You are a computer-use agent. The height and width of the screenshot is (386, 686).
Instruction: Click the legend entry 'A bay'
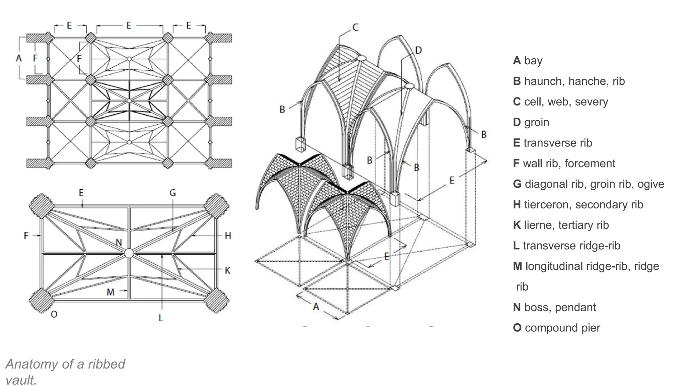point(528,61)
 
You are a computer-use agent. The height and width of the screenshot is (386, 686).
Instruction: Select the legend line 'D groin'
point(531,122)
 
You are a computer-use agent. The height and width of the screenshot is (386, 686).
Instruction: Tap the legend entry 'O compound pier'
point(556,328)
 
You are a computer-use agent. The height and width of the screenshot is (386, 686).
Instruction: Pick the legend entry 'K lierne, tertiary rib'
point(561,225)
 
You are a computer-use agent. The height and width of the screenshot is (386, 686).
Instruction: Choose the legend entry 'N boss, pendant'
point(554,307)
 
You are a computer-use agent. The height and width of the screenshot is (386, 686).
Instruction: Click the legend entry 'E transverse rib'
point(552,143)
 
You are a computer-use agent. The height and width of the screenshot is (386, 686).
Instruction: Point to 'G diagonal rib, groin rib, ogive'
point(588,184)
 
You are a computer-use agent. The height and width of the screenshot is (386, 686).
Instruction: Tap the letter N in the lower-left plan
point(119,243)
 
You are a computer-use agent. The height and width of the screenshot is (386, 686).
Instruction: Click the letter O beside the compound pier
point(54,314)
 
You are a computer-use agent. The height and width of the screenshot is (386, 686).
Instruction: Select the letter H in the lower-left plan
point(228,236)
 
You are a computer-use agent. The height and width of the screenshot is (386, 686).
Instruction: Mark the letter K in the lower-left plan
point(227,270)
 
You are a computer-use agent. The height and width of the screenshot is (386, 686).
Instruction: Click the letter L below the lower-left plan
point(161,318)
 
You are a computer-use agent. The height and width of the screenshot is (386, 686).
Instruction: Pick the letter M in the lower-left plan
point(111,292)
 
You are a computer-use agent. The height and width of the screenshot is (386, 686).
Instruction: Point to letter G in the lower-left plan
point(173,193)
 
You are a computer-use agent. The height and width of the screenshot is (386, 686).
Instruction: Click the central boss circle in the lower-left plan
point(129,253)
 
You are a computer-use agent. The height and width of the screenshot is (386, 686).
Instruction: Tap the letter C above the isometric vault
point(355,27)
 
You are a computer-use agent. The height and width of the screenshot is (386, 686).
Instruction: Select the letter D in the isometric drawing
point(418,51)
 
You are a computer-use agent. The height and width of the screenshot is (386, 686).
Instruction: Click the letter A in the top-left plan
point(19,58)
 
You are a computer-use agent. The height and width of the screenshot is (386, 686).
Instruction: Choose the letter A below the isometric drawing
point(316,306)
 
